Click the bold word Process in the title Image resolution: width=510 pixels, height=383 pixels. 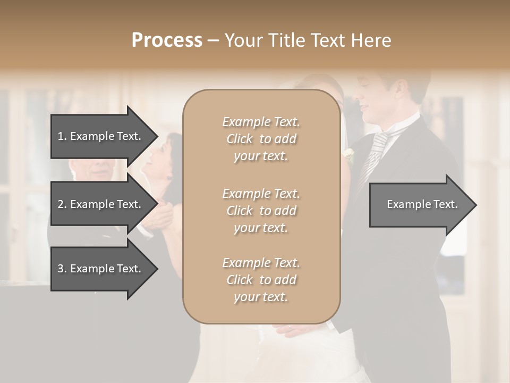(x=167, y=40)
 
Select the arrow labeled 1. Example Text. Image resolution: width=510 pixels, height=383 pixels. (x=101, y=136)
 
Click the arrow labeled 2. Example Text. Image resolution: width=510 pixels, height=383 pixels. (x=101, y=204)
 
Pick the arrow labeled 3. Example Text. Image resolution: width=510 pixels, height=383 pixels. (x=101, y=269)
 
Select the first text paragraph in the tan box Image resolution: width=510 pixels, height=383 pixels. (x=261, y=139)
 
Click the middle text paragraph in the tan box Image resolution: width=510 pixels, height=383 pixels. (x=261, y=211)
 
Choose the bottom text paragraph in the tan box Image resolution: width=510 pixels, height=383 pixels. (x=261, y=280)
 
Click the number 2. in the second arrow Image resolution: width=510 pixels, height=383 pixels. (x=62, y=204)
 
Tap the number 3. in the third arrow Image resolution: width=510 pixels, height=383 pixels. (x=62, y=269)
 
